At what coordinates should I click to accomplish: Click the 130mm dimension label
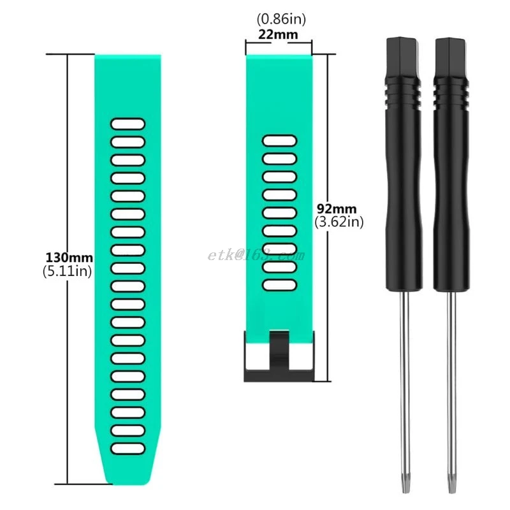coord(69,258)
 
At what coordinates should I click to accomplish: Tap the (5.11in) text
coord(69,271)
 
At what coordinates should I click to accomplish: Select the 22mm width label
coord(278,34)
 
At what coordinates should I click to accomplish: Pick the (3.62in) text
coord(339,222)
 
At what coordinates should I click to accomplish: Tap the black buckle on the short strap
coord(279,357)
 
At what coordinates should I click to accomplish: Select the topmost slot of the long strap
coord(128,124)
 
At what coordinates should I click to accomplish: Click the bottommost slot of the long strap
coord(128,448)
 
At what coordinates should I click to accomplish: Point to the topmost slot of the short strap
coord(279,140)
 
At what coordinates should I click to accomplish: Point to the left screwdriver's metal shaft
coord(402,382)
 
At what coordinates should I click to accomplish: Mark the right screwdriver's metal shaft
coord(451,382)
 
